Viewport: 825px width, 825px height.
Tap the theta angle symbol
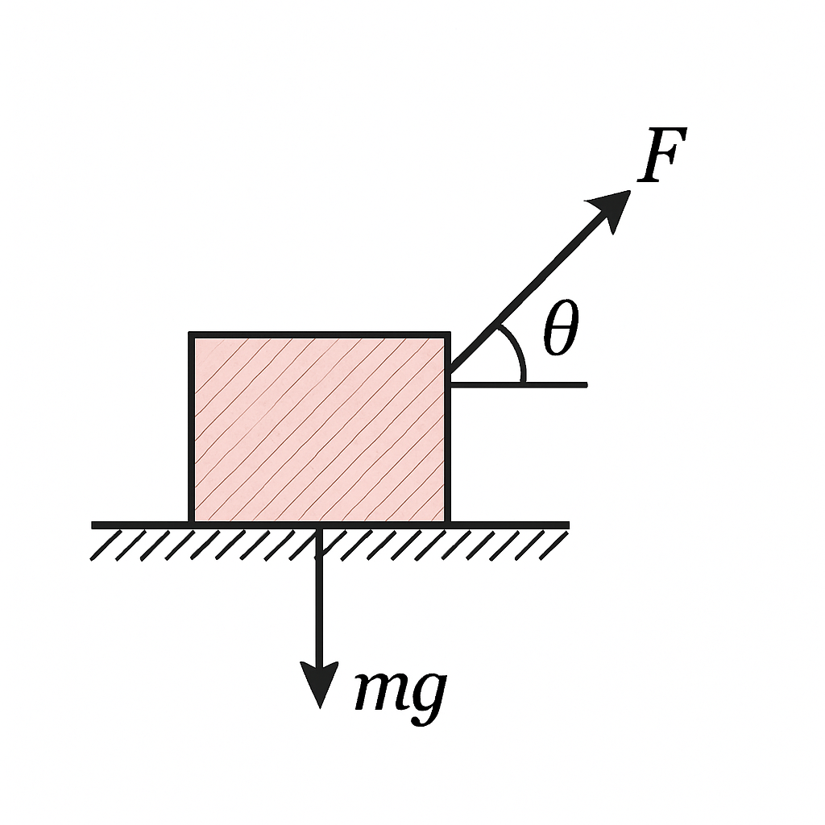[x=561, y=329]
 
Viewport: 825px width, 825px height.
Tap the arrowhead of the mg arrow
[x=319, y=683]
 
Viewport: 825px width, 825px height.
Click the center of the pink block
[x=319, y=427]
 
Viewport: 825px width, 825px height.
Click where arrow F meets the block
[x=450, y=371]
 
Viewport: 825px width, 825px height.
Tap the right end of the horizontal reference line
[x=587, y=385]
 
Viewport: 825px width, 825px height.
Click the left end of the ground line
[x=92, y=525]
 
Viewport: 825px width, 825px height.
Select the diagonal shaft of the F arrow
[x=525, y=295]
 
